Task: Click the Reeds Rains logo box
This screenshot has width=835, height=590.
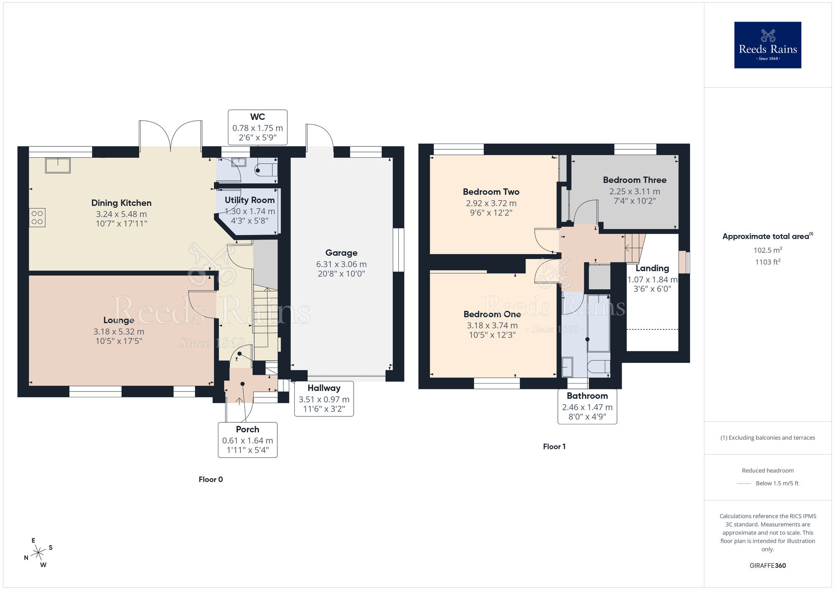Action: pyautogui.click(x=767, y=45)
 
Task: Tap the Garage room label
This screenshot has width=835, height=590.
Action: pyautogui.click(x=341, y=253)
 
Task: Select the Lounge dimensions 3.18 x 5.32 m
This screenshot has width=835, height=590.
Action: pyautogui.click(x=119, y=332)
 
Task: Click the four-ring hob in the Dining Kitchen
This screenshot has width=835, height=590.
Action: pyautogui.click(x=37, y=218)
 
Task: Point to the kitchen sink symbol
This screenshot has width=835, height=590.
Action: pyautogui.click(x=58, y=165)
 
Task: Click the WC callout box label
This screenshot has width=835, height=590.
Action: pyautogui.click(x=258, y=117)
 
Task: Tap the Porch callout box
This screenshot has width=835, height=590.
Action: pyautogui.click(x=248, y=440)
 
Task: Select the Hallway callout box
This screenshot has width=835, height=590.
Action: pyautogui.click(x=324, y=398)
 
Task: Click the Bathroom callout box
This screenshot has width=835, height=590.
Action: pyautogui.click(x=587, y=406)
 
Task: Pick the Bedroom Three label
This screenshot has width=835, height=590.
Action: pyautogui.click(x=635, y=180)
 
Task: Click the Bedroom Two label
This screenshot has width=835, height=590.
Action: pyautogui.click(x=491, y=192)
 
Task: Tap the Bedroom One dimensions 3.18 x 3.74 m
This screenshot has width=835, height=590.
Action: pyautogui.click(x=492, y=325)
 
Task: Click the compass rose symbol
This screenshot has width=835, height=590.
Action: pyautogui.click(x=38, y=553)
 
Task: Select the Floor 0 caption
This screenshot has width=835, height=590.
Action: pyautogui.click(x=211, y=479)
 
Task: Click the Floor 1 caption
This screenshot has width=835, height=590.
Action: pyautogui.click(x=554, y=446)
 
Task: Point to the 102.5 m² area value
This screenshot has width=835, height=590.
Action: pyautogui.click(x=767, y=250)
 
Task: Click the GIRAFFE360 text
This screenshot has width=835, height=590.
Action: pyautogui.click(x=767, y=566)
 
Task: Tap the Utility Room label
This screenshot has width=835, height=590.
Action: pyautogui.click(x=250, y=200)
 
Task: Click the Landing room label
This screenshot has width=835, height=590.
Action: pyautogui.click(x=652, y=268)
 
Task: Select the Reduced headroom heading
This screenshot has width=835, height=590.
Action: pyautogui.click(x=767, y=471)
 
